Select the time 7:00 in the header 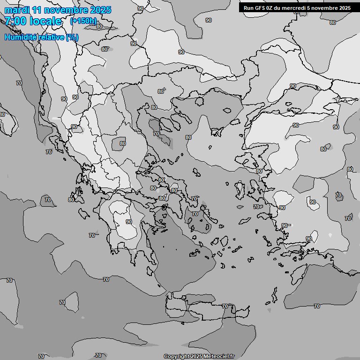tap(15, 21)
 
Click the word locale tap(45, 21)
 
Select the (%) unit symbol tap(72, 37)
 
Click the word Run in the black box tap(248, 8)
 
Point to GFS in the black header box tap(260, 8)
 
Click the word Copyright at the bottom tap(176, 357)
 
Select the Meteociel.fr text tap(219, 357)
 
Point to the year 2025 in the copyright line tap(196, 357)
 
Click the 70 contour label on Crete tap(225, 306)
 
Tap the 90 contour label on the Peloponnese tap(129, 222)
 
